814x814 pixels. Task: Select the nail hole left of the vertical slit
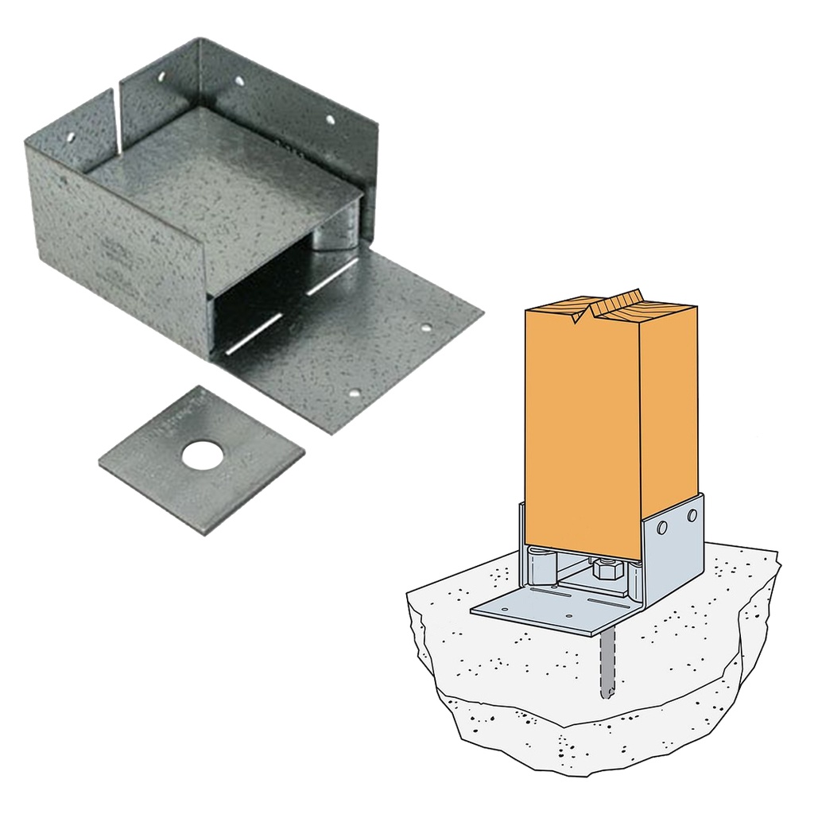(x=70, y=137)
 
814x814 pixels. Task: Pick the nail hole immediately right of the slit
(x=161, y=78)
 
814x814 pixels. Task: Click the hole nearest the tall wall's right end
(x=330, y=120)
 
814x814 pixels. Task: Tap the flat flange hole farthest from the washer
(x=426, y=328)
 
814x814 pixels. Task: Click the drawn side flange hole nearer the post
(x=661, y=527)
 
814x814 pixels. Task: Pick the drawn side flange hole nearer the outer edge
(x=692, y=514)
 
